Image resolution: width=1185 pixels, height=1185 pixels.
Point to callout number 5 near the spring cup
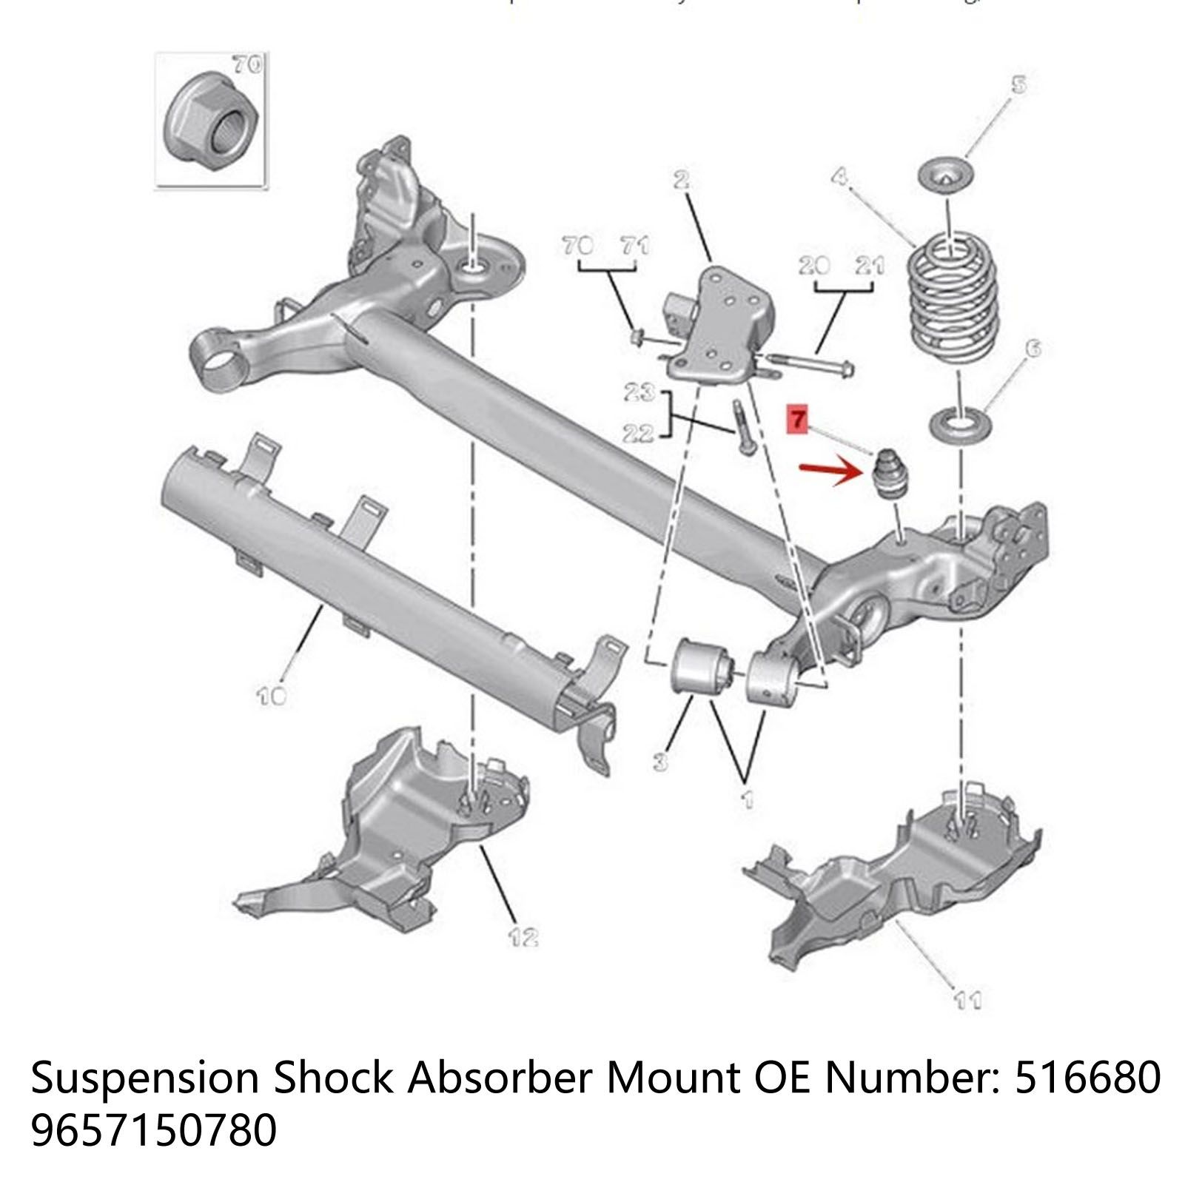pyautogui.click(x=1019, y=84)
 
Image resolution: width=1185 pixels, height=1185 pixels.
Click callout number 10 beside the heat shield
pyautogui.click(x=271, y=695)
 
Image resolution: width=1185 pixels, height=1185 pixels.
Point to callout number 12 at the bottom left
pyautogui.click(x=523, y=937)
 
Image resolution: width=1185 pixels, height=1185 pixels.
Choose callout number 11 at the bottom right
pyautogui.click(x=968, y=1000)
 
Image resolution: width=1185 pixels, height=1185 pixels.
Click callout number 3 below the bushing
pyautogui.click(x=660, y=760)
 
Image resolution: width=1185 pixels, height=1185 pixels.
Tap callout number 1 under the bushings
pyautogui.click(x=748, y=799)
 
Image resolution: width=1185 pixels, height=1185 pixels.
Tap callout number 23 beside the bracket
pyautogui.click(x=638, y=392)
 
